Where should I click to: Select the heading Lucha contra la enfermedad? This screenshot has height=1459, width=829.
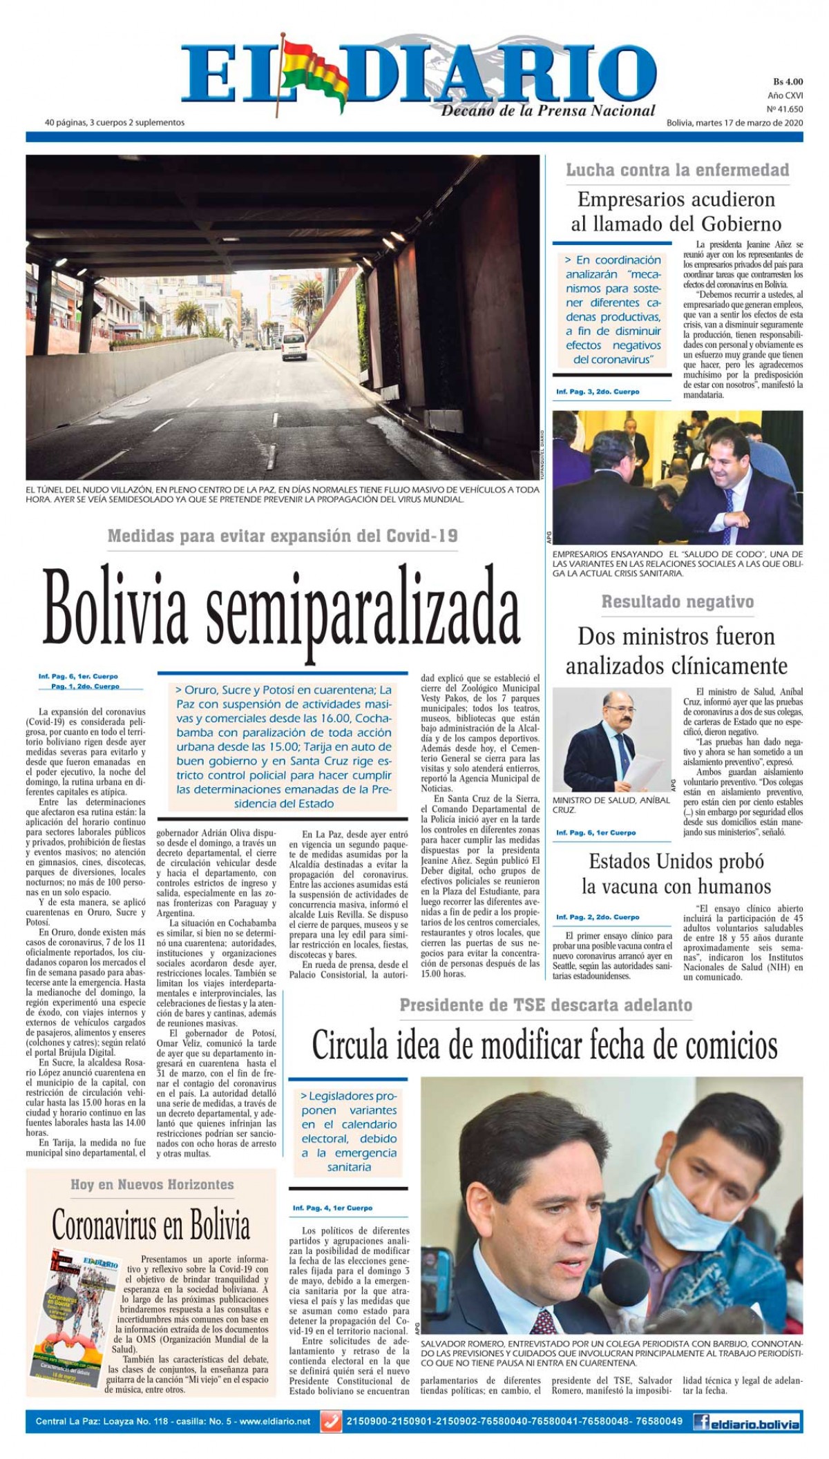coord(677,170)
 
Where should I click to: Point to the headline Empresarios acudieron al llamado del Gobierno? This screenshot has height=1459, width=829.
coord(676,211)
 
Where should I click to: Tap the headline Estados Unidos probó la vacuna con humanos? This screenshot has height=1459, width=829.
coord(676,873)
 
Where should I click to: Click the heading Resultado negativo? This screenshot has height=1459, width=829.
coord(677,601)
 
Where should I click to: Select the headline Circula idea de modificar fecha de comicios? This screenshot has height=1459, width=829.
coord(544,1046)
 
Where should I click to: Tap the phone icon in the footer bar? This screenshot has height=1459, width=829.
coord(333,1422)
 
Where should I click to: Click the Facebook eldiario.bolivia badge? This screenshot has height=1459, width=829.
coord(748,1422)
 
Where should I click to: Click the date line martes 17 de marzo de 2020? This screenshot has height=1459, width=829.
coord(734,123)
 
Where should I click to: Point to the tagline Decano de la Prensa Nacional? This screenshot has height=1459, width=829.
coord(548,110)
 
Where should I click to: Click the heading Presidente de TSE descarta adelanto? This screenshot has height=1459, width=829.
coord(546,1005)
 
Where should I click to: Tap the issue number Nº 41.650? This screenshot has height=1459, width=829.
coord(785,108)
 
